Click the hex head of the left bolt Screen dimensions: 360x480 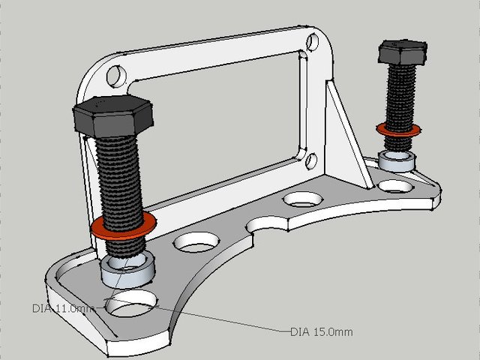114,115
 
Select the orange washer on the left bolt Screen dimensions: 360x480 124,226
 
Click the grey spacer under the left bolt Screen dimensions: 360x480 127,269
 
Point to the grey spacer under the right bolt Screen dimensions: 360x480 397,160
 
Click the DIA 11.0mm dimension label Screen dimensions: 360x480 64,308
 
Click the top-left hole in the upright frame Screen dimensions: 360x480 116,76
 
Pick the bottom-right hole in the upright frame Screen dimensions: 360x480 310,159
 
